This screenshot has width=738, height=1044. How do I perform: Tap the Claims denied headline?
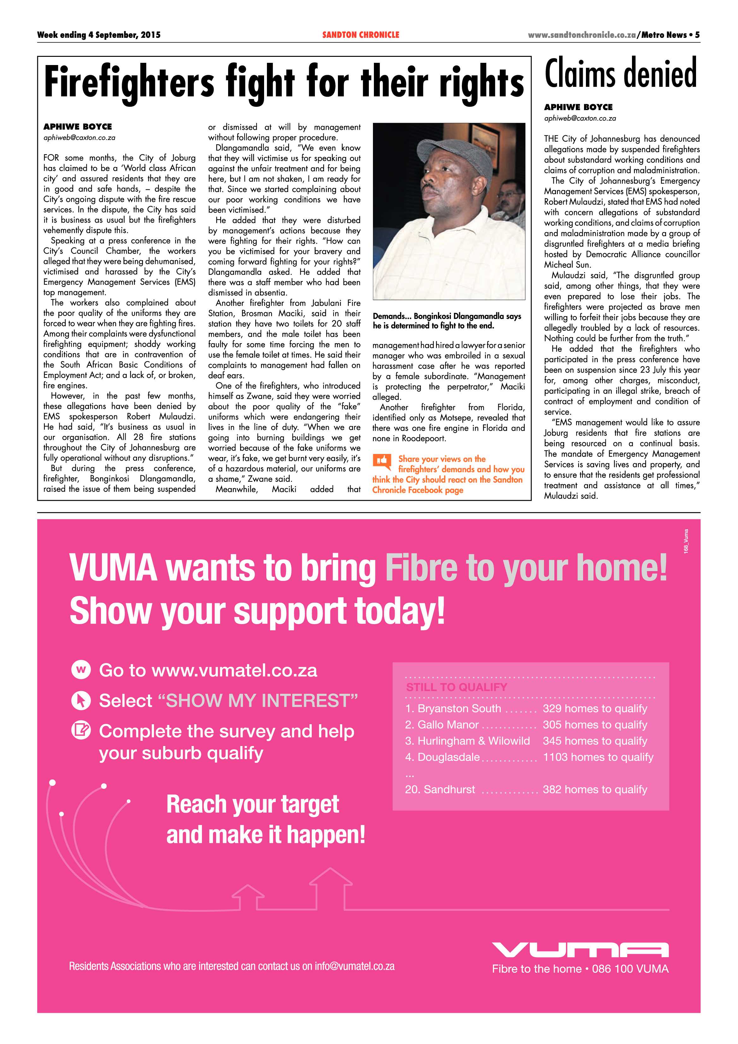click(x=621, y=74)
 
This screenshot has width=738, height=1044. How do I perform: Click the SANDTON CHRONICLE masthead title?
click(x=360, y=35)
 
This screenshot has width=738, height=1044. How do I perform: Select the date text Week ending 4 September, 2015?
click(x=99, y=35)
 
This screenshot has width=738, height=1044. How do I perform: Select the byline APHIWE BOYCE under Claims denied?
click(x=578, y=107)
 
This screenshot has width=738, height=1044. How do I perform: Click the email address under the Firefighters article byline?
click(x=79, y=137)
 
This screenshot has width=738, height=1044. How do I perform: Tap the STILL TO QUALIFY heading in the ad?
click(x=456, y=687)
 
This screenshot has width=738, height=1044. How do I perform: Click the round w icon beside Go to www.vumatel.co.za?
click(x=81, y=670)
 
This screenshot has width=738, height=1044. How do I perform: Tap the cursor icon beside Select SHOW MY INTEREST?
click(x=81, y=701)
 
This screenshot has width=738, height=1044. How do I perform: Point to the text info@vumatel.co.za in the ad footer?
click(x=354, y=966)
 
